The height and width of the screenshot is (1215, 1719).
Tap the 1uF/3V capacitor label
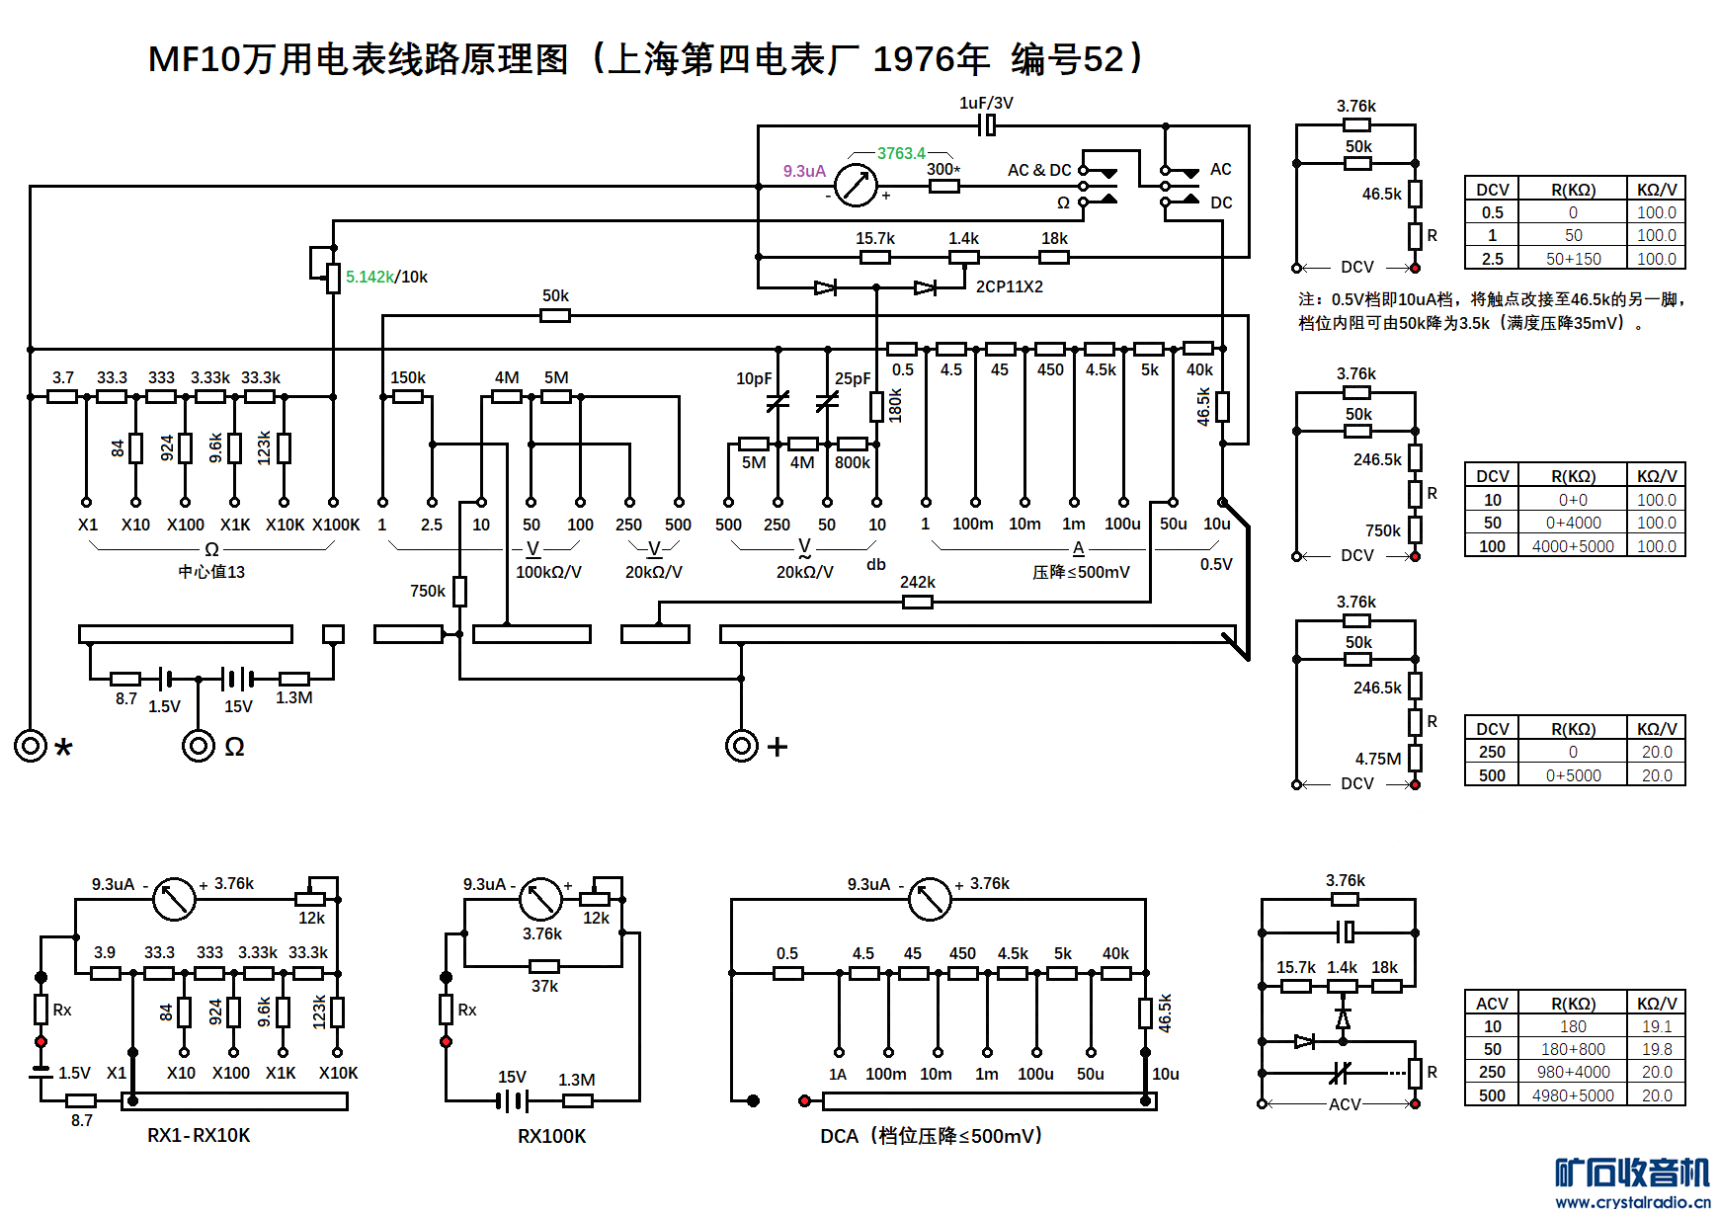pyautogui.click(x=986, y=103)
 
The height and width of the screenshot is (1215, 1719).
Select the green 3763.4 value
pyautogui.click(x=901, y=153)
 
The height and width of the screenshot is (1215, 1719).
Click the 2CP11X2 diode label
pyautogui.click(x=1009, y=286)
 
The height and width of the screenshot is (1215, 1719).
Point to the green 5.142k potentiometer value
pyautogui.click(x=369, y=277)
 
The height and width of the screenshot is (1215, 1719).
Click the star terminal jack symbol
pyautogui.click(x=31, y=745)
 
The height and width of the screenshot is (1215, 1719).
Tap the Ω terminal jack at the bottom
pyautogui.click(x=199, y=745)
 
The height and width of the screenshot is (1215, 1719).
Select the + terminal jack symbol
pyautogui.click(x=742, y=745)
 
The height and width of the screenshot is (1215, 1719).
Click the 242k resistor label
pyautogui.click(x=917, y=582)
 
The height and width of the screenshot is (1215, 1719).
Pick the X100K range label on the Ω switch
pyautogui.click(x=336, y=525)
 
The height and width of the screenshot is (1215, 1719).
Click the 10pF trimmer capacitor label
pyautogui.click(x=754, y=378)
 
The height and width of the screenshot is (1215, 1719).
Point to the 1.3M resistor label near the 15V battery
pyautogui.click(x=293, y=697)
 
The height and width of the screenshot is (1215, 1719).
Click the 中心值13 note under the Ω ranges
pyautogui.click(x=211, y=572)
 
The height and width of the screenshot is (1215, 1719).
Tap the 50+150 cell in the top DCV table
pyautogui.click(x=1573, y=259)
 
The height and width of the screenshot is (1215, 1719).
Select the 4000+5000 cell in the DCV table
pyautogui.click(x=1573, y=546)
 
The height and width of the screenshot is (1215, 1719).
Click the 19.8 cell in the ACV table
pyautogui.click(x=1657, y=1049)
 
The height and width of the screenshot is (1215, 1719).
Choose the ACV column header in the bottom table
pyautogui.click(x=1492, y=1003)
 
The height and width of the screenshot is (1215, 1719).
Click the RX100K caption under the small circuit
pyautogui.click(x=551, y=1136)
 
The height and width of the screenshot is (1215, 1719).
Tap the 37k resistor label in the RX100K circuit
pyautogui.click(x=544, y=986)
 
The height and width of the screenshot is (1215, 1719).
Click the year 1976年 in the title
pyautogui.click(x=931, y=59)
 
